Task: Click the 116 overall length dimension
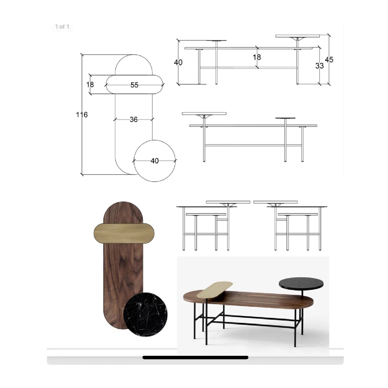(x=81, y=114)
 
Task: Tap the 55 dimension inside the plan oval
(x=134, y=85)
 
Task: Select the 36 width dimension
(x=133, y=120)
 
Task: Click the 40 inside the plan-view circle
(x=155, y=161)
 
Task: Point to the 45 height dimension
(x=329, y=60)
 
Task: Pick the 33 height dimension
(x=319, y=66)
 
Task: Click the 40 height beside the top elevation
(x=178, y=62)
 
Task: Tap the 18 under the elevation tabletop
(x=257, y=57)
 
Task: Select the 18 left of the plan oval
(x=90, y=85)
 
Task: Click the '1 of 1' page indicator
(x=62, y=27)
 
